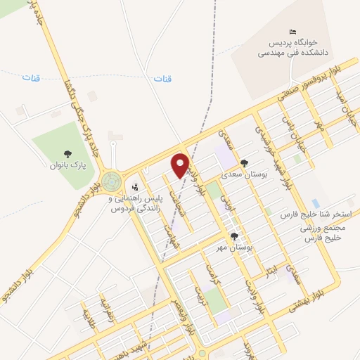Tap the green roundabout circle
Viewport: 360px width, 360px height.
click(x=110, y=182)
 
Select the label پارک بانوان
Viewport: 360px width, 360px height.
click(x=67, y=166)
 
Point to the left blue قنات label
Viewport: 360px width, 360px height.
click(x=30, y=77)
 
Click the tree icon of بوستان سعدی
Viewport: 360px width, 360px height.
click(x=244, y=162)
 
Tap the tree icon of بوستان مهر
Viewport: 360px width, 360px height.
click(x=234, y=238)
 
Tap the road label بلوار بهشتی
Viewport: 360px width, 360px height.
click(x=324, y=285)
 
